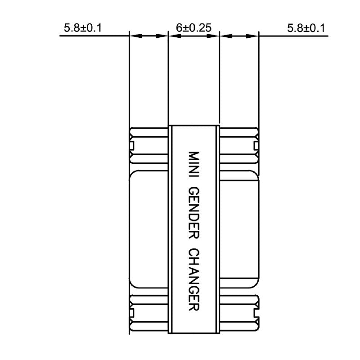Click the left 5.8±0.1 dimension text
click(x=83, y=28)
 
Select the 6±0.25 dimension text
click(x=193, y=28)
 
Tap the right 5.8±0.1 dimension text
click(x=306, y=28)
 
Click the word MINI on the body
click(x=193, y=165)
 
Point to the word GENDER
click(x=193, y=211)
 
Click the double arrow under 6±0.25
click(x=193, y=36)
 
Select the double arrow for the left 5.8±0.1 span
click(x=148, y=36)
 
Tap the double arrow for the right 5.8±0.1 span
click(x=239, y=36)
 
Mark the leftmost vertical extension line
click(x=129, y=81)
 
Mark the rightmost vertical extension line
click(x=259, y=81)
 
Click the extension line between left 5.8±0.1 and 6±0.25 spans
click(x=168, y=81)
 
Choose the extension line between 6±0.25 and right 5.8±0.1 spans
click(x=219, y=81)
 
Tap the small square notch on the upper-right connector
click(x=256, y=145)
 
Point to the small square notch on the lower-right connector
click(x=256, y=312)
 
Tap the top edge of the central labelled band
click(x=193, y=125)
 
